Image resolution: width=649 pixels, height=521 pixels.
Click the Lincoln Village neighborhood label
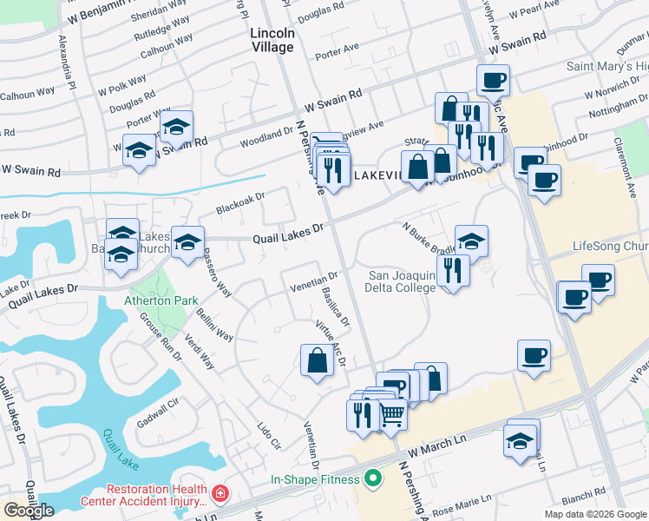[272, 40]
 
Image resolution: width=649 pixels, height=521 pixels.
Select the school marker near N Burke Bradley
[471, 241]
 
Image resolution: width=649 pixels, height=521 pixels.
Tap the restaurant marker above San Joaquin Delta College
[453, 270]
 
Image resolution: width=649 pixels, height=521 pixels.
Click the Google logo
[29, 511]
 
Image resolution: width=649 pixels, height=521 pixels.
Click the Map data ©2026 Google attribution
[595, 514]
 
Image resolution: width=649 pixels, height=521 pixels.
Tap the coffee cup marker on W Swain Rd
[493, 81]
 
